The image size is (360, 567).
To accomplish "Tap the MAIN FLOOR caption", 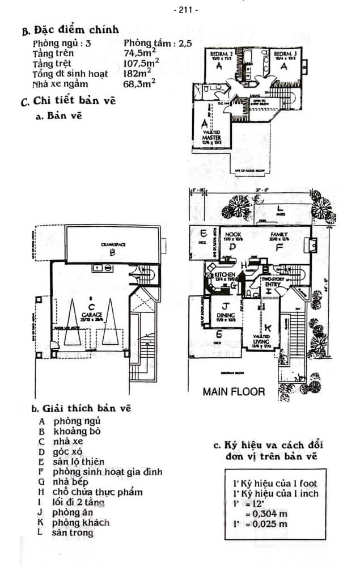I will click(x=233, y=391).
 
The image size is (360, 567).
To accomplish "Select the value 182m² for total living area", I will click(x=137, y=74).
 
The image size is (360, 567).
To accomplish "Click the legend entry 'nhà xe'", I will click(x=66, y=441).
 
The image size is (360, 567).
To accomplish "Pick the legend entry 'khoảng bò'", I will click(x=77, y=431).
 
